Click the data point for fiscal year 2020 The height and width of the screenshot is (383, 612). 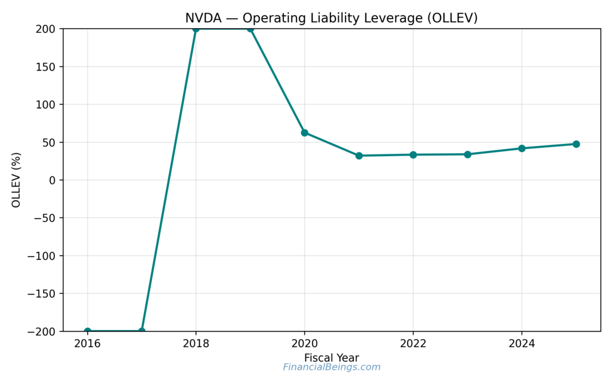304,133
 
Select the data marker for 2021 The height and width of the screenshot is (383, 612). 359,156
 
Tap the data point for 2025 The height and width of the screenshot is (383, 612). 576,144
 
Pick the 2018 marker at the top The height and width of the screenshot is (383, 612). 196,29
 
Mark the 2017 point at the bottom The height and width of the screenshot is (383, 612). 142,331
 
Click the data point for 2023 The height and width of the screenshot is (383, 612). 467,154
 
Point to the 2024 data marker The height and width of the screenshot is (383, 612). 522,148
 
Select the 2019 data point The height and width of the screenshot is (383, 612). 250,29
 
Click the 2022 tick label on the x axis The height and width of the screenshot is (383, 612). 413,344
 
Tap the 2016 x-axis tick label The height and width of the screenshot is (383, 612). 87,344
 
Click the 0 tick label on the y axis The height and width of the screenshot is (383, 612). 52,180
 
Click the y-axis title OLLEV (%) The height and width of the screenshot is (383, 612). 16,180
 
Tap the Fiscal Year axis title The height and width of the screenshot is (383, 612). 332,358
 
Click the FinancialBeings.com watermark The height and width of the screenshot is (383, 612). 332,367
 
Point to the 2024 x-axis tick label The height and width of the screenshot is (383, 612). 522,344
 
